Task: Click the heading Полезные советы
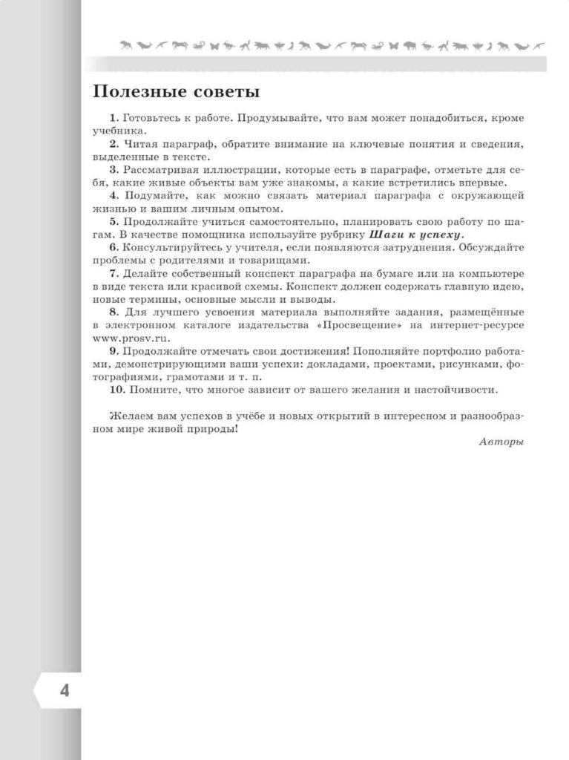click(175, 93)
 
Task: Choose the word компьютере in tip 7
click(492, 273)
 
